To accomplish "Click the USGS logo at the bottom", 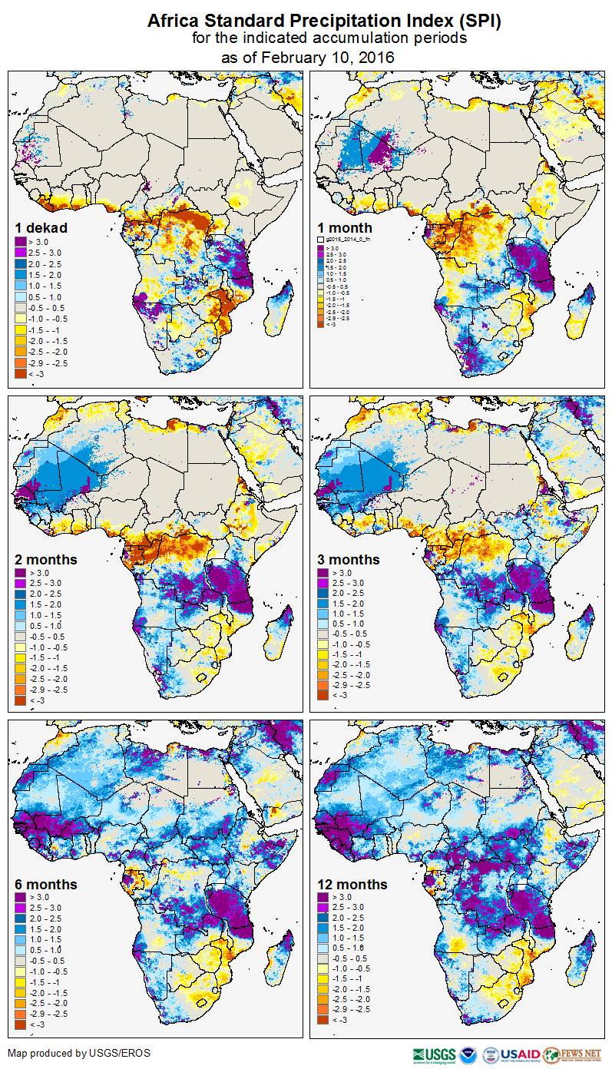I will pyautogui.click(x=434, y=1054).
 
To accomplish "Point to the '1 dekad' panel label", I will pyautogui.click(x=41, y=228).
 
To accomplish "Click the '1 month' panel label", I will pyautogui.click(x=345, y=228).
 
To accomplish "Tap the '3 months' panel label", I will pyautogui.click(x=349, y=560).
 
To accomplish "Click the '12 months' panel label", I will pyautogui.click(x=352, y=885).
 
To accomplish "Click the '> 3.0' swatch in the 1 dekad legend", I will pyautogui.click(x=22, y=242).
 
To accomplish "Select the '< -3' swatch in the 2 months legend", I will pyautogui.click(x=22, y=700).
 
